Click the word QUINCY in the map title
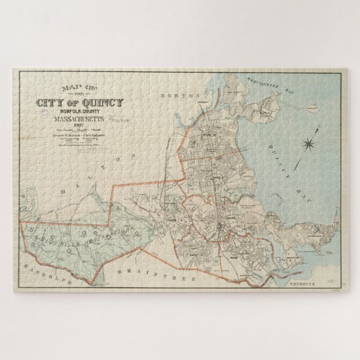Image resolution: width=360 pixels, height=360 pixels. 103,103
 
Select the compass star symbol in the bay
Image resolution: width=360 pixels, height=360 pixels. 309,145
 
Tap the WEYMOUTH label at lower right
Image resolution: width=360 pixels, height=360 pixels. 304,283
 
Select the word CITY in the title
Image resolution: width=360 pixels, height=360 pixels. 49,103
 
